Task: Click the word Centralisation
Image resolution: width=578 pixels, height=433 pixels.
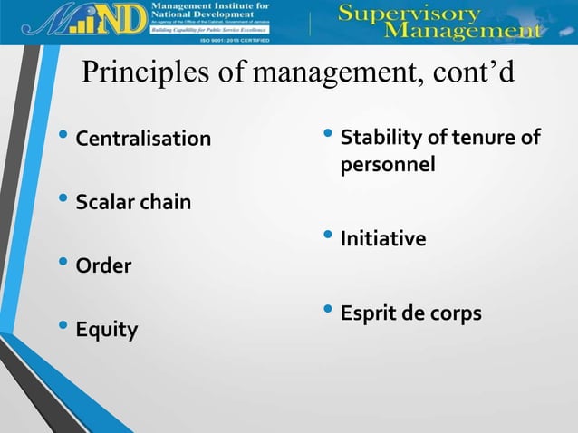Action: (x=143, y=140)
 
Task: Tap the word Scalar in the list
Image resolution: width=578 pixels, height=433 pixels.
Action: (x=105, y=202)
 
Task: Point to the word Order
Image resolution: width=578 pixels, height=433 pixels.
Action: (x=103, y=266)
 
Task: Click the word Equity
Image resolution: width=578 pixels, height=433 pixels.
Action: (x=106, y=330)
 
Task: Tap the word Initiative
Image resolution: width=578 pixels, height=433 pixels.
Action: (x=383, y=239)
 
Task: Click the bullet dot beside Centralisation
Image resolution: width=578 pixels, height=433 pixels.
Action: (x=62, y=138)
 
